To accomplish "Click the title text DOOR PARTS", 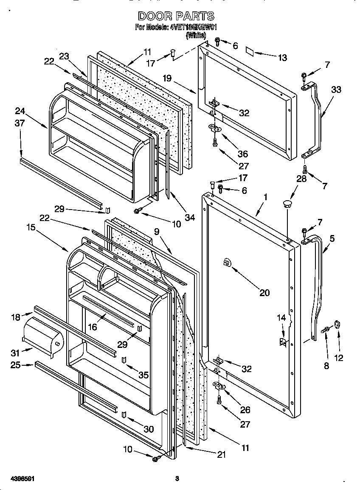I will point(177,16).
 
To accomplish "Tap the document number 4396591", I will point(17,479).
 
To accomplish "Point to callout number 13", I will point(282,58).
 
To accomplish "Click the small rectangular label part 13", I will point(250,52).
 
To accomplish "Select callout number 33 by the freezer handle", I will point(336,90).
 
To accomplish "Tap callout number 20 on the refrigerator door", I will point(264,292).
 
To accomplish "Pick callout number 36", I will point(242,154).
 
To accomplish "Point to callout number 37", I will point(20,123).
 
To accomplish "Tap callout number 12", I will point(338,358).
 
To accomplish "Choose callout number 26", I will point(245,410).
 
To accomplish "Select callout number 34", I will point(190,217).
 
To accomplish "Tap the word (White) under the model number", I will point(196,36).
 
